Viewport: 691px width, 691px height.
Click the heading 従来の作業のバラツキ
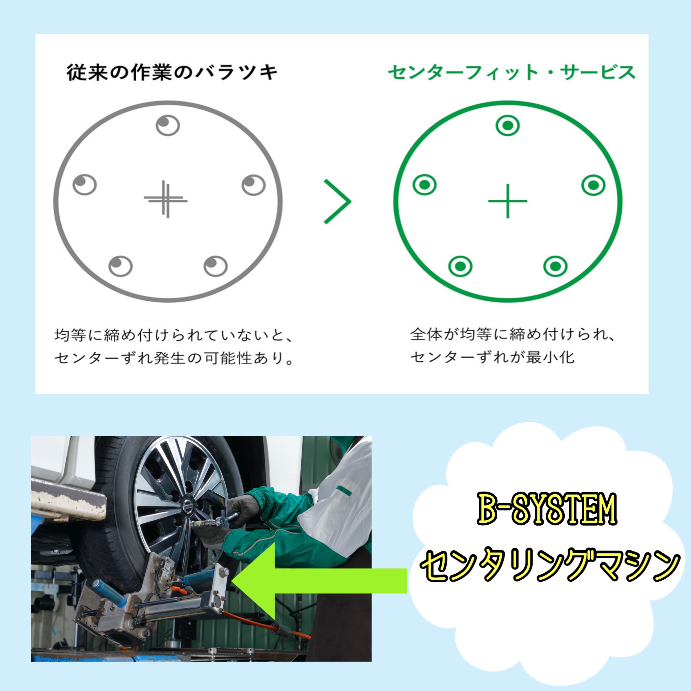172,73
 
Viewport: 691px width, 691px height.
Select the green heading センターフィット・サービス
512,73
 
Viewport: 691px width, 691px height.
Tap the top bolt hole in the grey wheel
168,126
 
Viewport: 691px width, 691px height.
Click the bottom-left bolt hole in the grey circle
120,266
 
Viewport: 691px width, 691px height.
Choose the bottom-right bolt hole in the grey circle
215,266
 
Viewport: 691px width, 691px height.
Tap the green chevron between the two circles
338,202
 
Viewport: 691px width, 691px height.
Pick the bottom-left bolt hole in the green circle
460,266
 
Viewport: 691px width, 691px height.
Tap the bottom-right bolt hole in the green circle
555,266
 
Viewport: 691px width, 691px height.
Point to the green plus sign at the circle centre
507,201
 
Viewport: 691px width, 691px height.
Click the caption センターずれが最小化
493,357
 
